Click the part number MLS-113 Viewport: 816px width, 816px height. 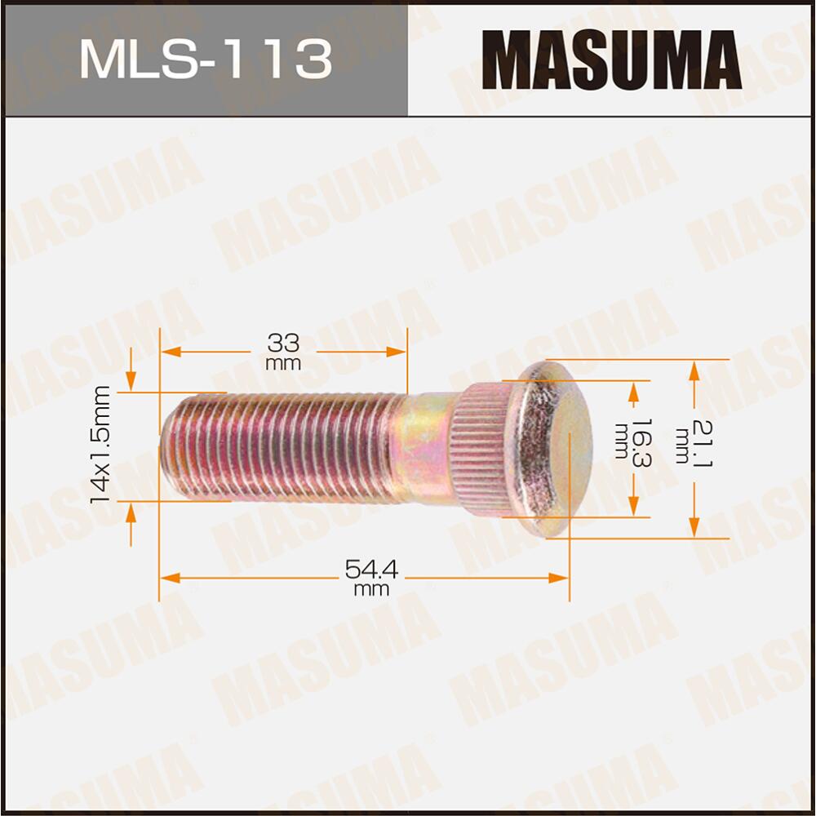coord(206,59)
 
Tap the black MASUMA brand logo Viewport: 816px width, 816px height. coord(611,59)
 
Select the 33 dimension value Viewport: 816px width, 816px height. coord(283,342)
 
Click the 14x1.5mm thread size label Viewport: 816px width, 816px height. coord(101,446)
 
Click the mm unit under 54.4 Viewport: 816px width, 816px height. coord(371,590)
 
